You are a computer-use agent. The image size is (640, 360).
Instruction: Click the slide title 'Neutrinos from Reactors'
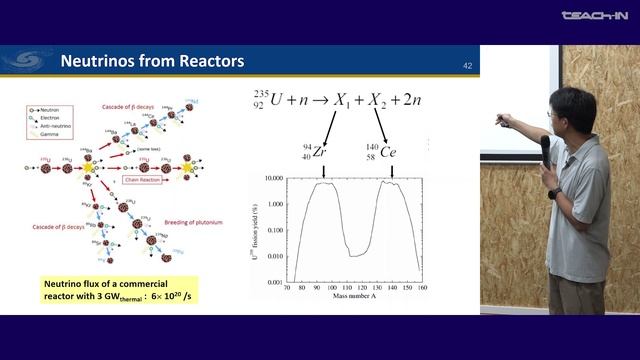[x=152, y=62]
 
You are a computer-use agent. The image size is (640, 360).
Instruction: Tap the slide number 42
[x=467, y=66]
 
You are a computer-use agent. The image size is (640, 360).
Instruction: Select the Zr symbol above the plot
[x=319, y=152]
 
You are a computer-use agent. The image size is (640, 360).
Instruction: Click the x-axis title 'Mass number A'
[x=358, y=297]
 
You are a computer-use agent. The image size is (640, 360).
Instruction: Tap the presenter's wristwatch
[x=554, y=193]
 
